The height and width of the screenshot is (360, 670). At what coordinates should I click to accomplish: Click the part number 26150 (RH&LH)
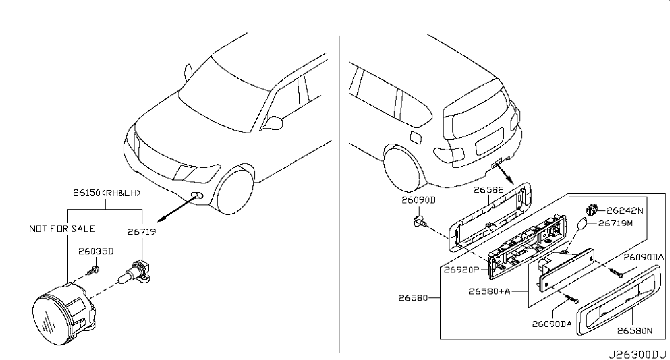pyautogui.click(x=107, y=193)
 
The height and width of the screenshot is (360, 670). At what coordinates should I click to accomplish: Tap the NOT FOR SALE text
pyautogui.click(x=62, y=228)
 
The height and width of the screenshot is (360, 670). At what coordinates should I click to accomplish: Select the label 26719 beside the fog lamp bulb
pyautogui.click(x=142, y=232)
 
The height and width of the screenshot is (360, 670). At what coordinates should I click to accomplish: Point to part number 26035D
pyautogui.click(x=96, y=251)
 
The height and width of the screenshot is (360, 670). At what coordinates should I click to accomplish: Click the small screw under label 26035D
pyautogui.click(x=93, y=270)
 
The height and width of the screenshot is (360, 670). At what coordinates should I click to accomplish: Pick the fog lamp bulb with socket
pyautogui.click(x=134, y=272)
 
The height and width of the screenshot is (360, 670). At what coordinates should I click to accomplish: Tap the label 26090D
pyautogui.click(x=419, y=200)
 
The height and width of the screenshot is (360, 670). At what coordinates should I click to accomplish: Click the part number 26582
pyautogui.click(x=489, y=190)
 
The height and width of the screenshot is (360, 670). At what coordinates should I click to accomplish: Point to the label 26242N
pyautogui.click(x=625, y=211)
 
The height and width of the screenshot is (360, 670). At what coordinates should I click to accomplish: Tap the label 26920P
pyautogui.click(x=462, y=270)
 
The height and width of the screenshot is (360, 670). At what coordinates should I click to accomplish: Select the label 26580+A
pyautogui.click(x=489, y=291)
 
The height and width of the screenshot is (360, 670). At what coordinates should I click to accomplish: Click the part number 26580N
pyautogui.click(x=635, y=330)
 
